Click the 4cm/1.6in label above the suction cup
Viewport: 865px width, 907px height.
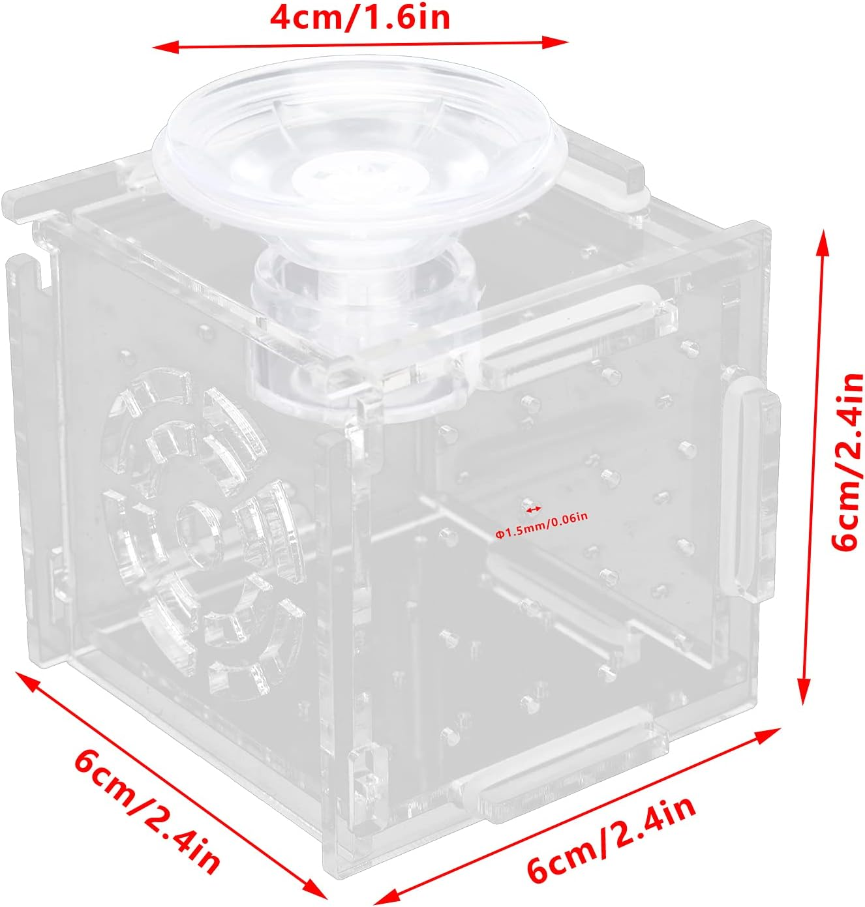tap(359, 18)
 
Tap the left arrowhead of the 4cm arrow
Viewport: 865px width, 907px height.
tap(160, 46)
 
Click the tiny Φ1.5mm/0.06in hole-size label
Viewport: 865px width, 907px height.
tap(541, 517)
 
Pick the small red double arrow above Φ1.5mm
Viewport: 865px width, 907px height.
tap(534, 508)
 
